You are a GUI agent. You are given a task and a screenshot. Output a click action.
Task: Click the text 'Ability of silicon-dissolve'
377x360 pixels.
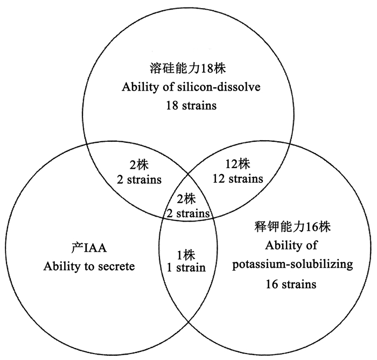click(x=191, y=88)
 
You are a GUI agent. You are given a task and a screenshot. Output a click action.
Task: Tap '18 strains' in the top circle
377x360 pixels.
click(x=191, y=106)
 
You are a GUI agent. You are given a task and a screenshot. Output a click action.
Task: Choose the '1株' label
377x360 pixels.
click(x=186, y=254)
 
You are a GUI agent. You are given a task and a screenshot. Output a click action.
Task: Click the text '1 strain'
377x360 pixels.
click(x=186, y=268)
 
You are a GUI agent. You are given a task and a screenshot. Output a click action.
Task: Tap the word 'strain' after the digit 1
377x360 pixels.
click(x=191, y=268)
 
